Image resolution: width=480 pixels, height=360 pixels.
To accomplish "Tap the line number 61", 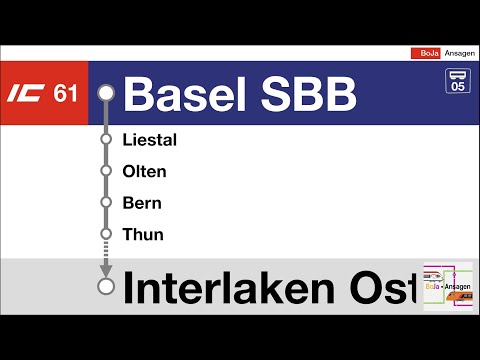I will (66, 94).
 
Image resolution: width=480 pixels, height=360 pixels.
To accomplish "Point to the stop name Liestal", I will (149, 140).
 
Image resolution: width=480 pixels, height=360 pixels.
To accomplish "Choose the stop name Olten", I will (144, 171).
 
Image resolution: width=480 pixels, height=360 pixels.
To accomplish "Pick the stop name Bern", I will (141, 203).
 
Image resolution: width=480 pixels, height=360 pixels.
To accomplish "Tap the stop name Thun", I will (142, 235).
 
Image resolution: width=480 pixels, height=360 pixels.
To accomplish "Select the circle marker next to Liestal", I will (107, 140).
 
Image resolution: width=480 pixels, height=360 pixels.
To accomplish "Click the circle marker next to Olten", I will (107, 171).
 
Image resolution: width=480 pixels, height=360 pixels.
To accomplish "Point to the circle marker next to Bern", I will (107, 203).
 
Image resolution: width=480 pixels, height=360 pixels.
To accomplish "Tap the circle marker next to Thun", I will (107, 235).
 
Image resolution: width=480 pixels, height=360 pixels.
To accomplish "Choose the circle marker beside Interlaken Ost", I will (107, 287).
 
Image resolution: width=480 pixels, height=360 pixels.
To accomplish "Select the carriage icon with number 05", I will (457, 80).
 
